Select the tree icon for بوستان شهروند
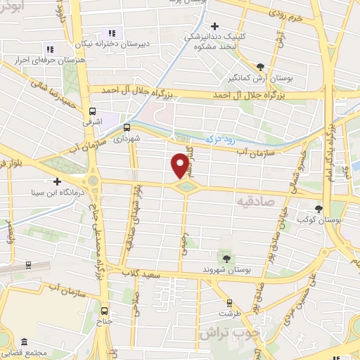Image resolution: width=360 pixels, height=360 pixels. (226, 257)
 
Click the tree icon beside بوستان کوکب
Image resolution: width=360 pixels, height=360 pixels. (319, 208)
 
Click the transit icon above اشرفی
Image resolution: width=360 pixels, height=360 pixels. (92, 111)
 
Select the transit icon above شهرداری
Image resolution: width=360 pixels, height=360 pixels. (127, 127)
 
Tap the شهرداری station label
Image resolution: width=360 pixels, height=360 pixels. (127, 139)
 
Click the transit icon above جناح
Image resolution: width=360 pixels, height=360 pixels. (105, 311)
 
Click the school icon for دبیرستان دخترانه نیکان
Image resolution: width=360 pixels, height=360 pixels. (111, 32)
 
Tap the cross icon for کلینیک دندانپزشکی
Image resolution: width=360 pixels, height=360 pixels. (214, 26)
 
